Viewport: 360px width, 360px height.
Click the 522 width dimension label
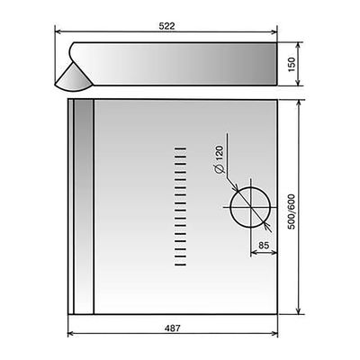tap(166, 26)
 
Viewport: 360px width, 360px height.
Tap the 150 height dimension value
tap(292, 64)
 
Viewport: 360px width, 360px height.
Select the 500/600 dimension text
tap(292, 212)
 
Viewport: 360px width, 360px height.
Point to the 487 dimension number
tap(173, 328)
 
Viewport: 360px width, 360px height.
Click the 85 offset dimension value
tap(264, 246)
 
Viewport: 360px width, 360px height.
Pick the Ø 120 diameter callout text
tap(220, 159)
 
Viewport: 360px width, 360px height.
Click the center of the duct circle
tap(250, 207)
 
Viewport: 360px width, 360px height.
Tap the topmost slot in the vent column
tap(180, 148)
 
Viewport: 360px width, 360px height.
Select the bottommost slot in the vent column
tap(180, 265)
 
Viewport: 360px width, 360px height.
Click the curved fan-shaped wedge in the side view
tap(72, 79)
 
